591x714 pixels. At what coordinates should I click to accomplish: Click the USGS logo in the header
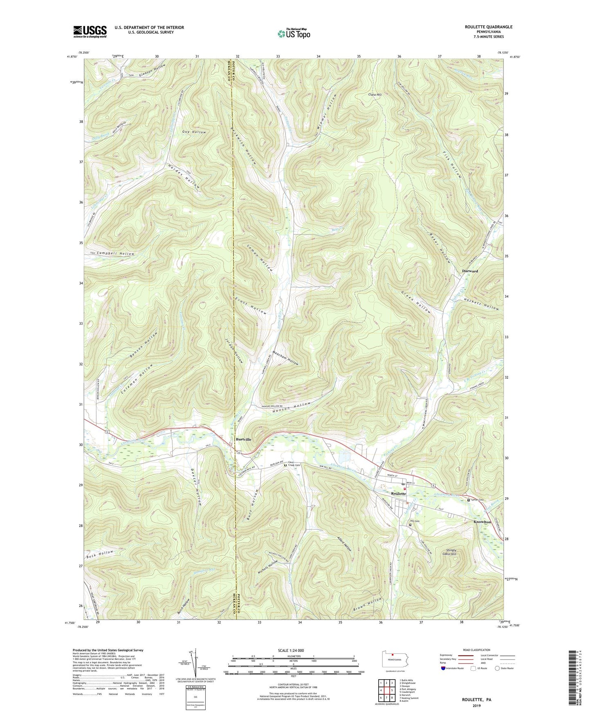pos(90,31)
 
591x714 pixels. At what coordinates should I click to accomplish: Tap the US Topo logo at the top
pos(294,33)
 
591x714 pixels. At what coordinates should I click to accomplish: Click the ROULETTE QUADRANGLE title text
pos(488,27)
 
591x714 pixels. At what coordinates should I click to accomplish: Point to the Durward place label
pos(470,271)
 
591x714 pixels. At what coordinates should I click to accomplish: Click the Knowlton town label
pos(482,522)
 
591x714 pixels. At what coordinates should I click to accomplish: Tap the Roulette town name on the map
pos(398,494)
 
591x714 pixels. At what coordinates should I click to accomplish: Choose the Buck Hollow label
pos(100,555)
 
